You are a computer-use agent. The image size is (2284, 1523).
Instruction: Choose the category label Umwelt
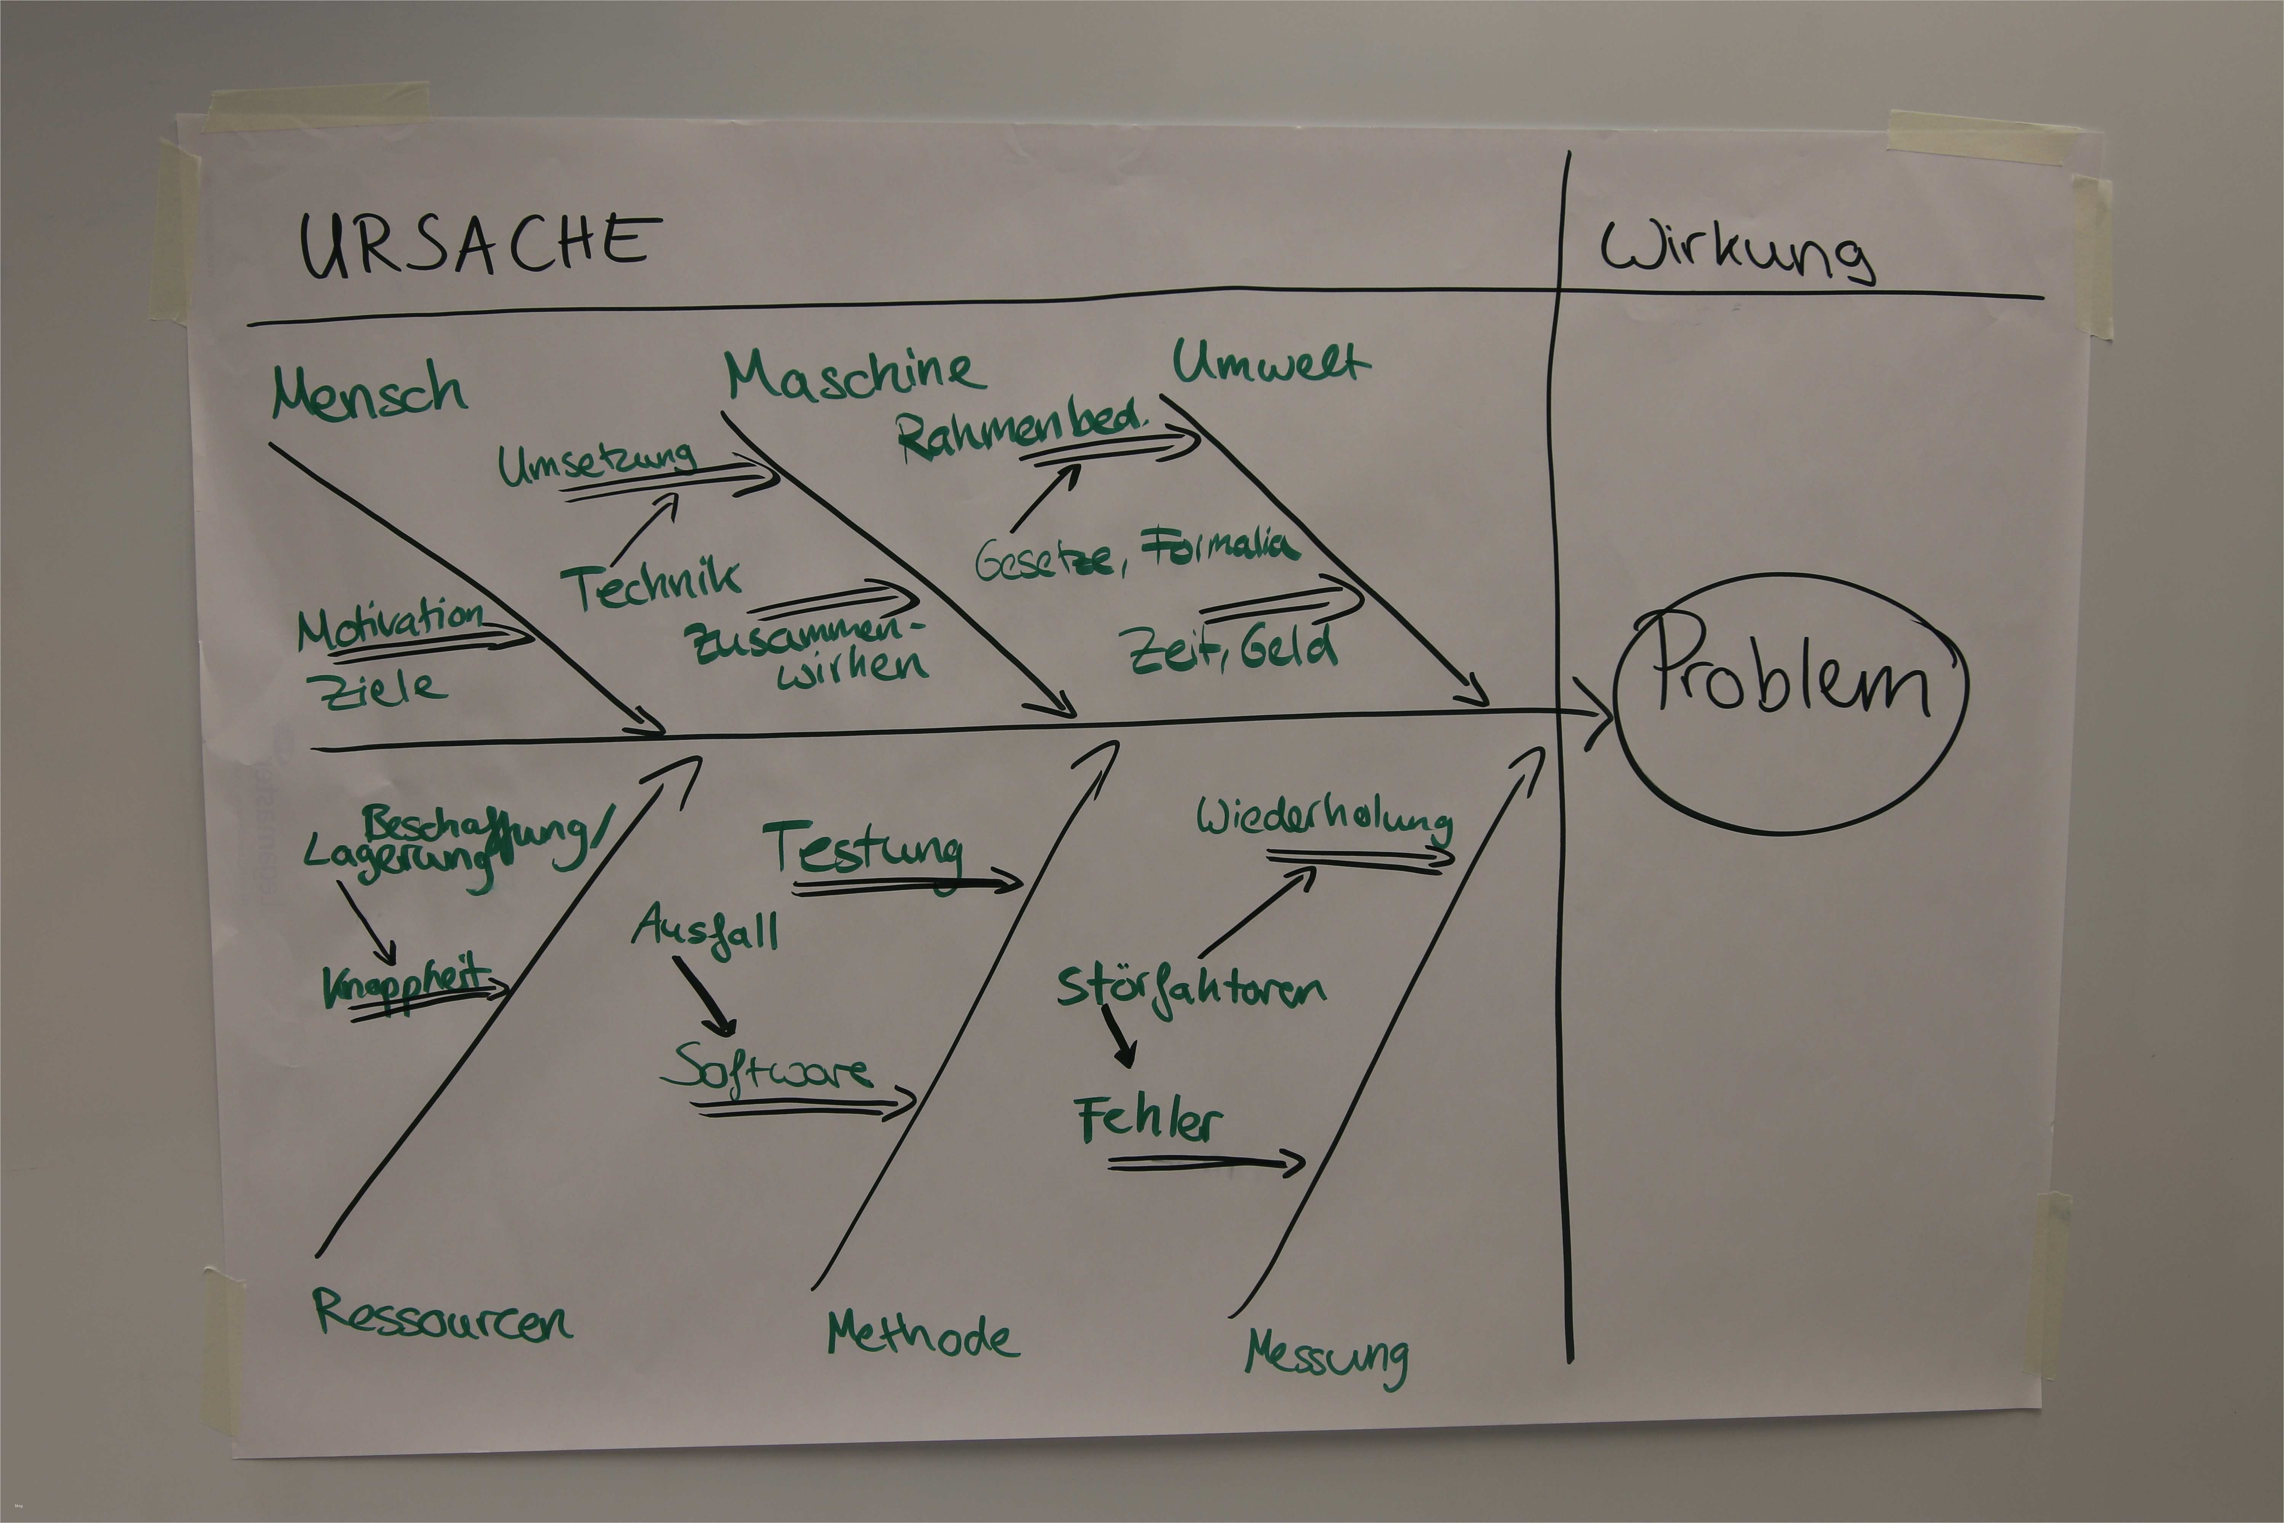[x=1270, y=362]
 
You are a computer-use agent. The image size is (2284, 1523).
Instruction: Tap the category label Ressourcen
[x=442, y=1316]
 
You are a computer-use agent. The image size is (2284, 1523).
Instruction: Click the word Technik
[x=651, y=586]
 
